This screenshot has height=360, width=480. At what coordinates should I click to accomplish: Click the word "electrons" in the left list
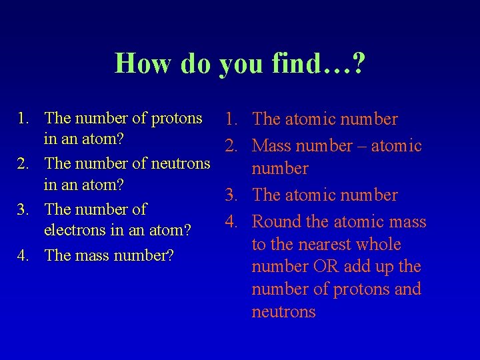pos(73,231)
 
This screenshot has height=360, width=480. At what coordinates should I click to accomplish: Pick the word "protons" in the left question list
pos(177,119)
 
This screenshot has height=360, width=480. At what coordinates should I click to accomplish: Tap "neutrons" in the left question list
pos(181,163)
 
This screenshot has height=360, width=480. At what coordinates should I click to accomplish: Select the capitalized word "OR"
pos(325,267)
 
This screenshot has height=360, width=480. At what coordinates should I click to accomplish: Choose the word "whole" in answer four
pos(378,245)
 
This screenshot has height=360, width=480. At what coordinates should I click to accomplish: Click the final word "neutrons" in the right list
pos(283,312)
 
